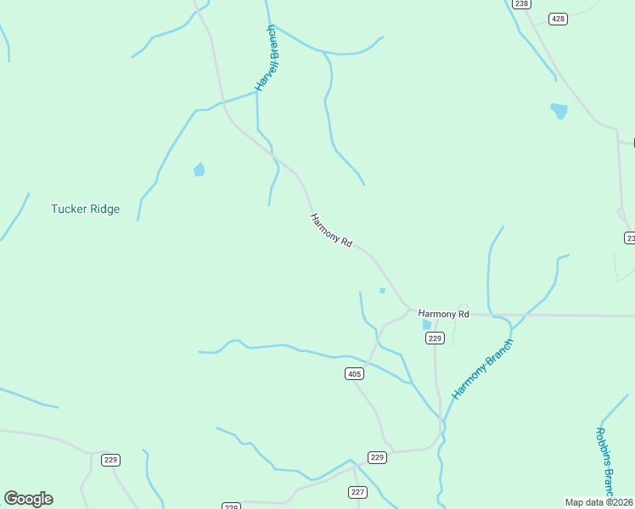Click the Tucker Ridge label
(85, 209)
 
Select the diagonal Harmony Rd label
(331, 230)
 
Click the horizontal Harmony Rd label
(443, 314)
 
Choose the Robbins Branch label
(604, 461)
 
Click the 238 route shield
(521, 4)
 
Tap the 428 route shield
(558, 19)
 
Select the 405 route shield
(355, 373)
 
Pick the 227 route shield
(357, 492)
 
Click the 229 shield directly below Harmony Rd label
(435, 338)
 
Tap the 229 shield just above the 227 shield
(378, 457)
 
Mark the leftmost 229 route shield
(110, 460)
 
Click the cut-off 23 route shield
(629, 238)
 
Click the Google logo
(28, 499)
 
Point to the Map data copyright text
(599, 502)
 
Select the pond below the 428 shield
(559, 110)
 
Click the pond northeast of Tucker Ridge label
(199, 170)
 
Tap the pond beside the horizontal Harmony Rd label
(426, 324)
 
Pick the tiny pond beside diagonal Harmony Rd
(382, 291)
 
